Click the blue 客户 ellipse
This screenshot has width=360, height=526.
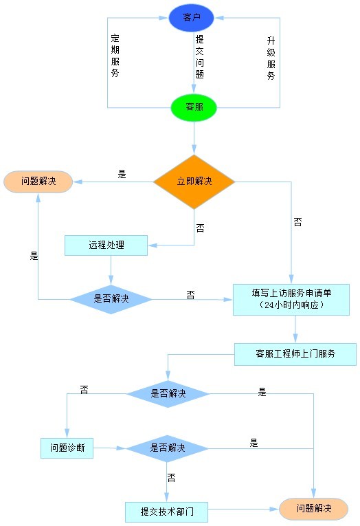191,17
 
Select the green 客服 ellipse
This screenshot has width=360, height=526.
194,107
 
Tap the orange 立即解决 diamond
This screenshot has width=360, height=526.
194,182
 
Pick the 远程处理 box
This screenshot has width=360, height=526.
106,245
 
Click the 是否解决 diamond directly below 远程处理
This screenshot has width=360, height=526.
111,299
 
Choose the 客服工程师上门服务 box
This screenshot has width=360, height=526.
295,354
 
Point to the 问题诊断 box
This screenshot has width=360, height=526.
67,448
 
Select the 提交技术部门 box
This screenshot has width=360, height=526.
166,512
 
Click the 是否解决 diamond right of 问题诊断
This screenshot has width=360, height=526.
167,448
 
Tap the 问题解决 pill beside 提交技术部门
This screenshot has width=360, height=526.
313,509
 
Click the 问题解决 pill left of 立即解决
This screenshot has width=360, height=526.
38,182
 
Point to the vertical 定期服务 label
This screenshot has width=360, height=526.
115,56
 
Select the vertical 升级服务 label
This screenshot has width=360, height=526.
271,58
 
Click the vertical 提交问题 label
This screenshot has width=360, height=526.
199,56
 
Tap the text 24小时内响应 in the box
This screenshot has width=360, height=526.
291,305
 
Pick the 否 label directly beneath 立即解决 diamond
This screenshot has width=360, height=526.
200,228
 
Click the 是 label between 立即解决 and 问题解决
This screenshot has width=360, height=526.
122,174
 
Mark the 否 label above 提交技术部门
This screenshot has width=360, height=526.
171,477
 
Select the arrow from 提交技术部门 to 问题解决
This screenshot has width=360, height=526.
243,509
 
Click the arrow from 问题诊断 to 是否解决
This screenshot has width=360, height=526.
110,448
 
